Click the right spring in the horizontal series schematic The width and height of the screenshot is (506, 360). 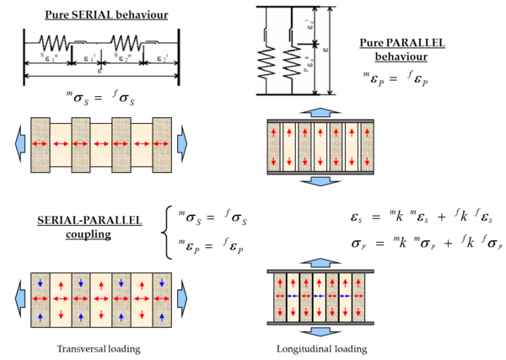[126, 40]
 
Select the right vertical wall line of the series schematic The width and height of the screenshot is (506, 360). [178, 56]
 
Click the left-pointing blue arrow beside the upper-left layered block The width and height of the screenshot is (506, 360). [19, 144]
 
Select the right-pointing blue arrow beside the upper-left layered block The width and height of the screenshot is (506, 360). [182, 144]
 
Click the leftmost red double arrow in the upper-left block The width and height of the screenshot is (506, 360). [40, 144]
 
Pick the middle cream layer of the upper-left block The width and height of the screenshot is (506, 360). [100, 144]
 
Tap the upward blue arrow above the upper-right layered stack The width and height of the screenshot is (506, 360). [320, 112]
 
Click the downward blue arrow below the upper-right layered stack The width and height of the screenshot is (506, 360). [320, 181]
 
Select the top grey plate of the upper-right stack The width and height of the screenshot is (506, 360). [320, 121]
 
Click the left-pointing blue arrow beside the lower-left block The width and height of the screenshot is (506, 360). [19, 298]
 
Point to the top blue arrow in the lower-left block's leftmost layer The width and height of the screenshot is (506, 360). [40, 282]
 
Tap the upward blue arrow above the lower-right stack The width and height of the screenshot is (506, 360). [320, 263]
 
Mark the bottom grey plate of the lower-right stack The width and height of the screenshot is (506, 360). [320, 323]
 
